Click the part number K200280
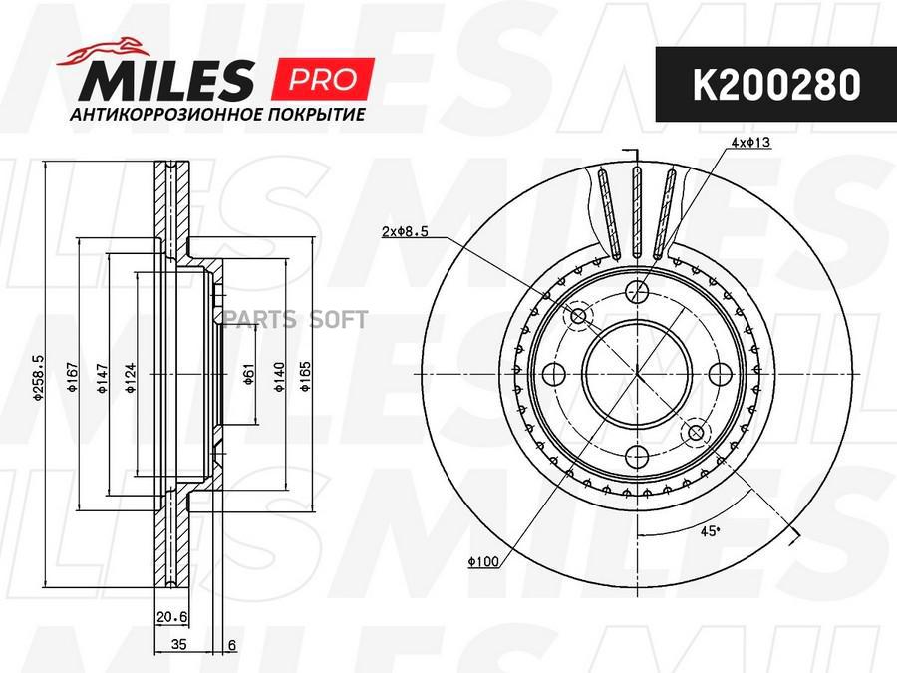775,84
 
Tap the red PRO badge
323,79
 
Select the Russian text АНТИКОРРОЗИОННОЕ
158,114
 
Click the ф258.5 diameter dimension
38,376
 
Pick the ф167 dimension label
72,377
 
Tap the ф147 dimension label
102,377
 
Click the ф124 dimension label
131,377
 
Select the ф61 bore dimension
249,373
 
